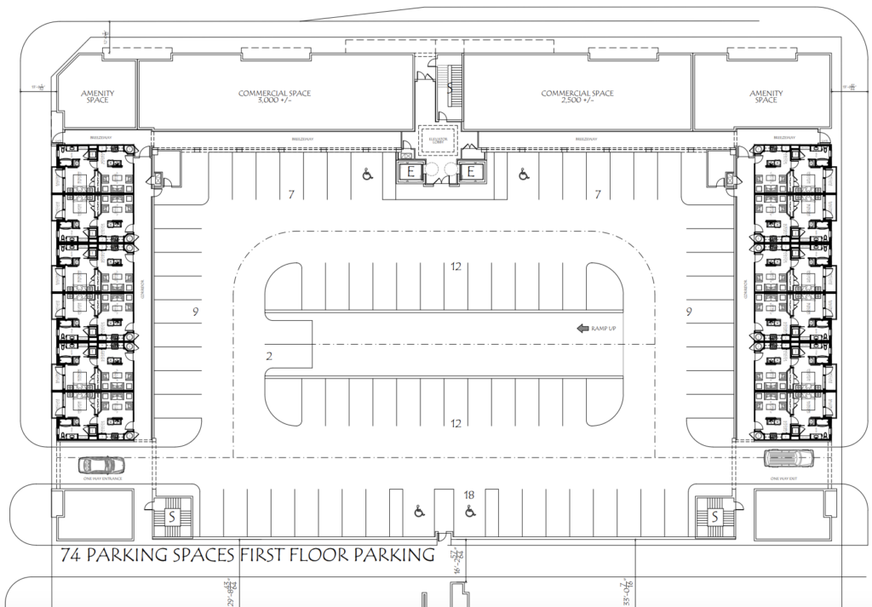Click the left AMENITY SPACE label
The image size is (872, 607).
pos(97,96)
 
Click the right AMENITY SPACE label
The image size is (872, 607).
pos(765,96)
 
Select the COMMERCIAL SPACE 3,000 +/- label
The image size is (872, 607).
pos(274,96)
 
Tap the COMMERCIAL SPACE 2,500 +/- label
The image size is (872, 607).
pos(577,96)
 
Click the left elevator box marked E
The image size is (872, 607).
pos(411,173)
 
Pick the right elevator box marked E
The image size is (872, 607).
pos(470,173)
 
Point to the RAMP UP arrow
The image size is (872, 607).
pos(583,328)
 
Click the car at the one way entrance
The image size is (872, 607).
pos(100,465)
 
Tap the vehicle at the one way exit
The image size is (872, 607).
pos(789,459)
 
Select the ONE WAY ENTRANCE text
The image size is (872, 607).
pos(100,479)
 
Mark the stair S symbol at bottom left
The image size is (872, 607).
pos(172,517)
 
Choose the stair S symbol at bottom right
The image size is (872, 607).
pos(715,517)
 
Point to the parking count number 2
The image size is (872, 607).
pos(269,356)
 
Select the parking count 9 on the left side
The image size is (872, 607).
pos(195,312)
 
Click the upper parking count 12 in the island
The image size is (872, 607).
pos(456,266)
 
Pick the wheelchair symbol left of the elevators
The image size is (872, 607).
pos(367,175)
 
